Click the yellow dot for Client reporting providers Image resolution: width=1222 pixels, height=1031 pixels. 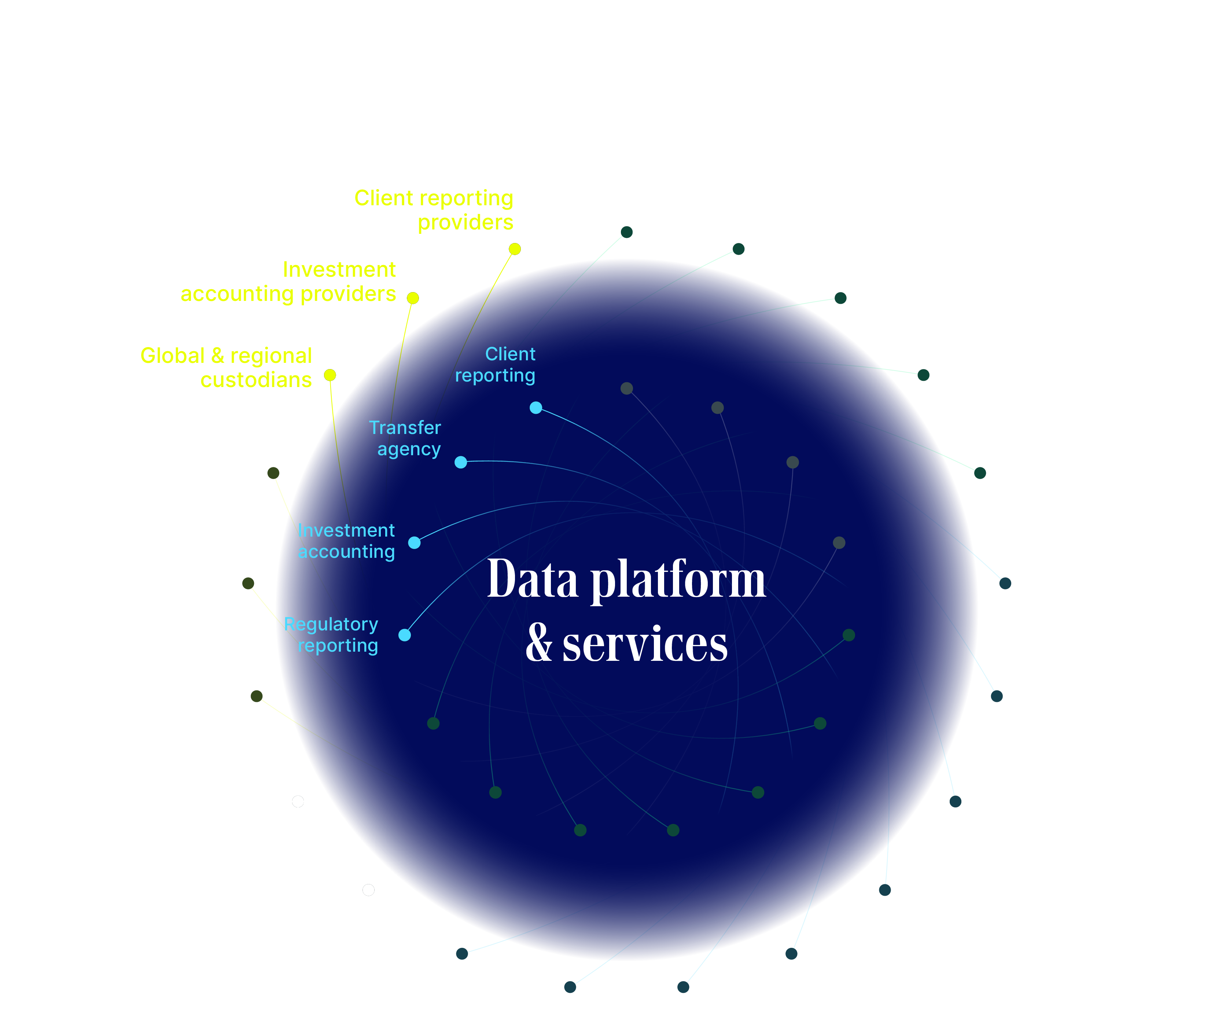pyautogui.click(x=514, y=249)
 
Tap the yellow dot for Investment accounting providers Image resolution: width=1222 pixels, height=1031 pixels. pyautogui.click(x=413, y=298)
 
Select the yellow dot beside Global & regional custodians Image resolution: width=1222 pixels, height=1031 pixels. pyautogui.click(x=330, y=375)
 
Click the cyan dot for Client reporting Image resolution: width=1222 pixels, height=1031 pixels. pyautogui.click(x=535, y=407)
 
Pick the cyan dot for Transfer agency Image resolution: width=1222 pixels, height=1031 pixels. pyautogui.click(x=460, y=462)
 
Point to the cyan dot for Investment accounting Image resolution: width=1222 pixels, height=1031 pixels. pyautogui.click(x=414, y=542)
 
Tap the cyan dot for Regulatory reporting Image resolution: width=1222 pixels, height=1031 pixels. pyautogui.click(x=404, y=635)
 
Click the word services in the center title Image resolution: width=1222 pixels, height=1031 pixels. pyautogui.click(x=645, y=644)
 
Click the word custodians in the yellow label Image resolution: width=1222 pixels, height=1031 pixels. pyautogui.click(x=255, y=380)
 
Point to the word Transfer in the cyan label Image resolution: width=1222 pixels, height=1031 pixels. pyautogui.click(x=404, y=428)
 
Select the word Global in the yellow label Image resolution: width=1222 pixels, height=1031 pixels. pyautogui.click(x=172, y=356)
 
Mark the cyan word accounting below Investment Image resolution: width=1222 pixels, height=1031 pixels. pyautogui.click(x=346, y=552)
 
